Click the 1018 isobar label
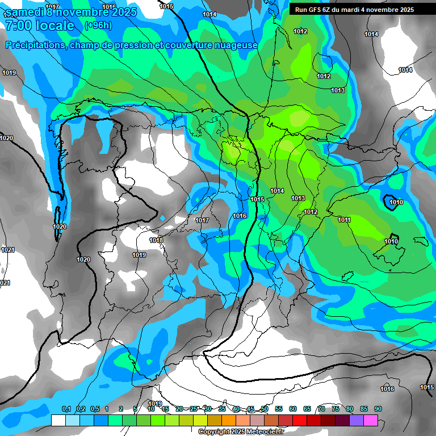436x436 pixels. pyautogui.click(x=156, y=240)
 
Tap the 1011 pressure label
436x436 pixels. pyautogui.click(x=344, y=220)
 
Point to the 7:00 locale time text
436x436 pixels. pyautogui.click(x=40, y=26)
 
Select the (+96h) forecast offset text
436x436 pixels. pyautogui.click(x=98, y=26)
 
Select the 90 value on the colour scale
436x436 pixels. pyautogui.click(x=378, y=409)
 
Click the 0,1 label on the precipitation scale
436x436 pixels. pyautogui.click(x=66, y=409)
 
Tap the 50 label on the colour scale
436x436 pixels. pyautogui.click(x=265, y=409)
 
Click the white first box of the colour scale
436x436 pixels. pyautogui.click(x=58, y=420)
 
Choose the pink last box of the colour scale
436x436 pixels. pyautogui.click(x=371, y=420)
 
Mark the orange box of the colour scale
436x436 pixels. pyautogui.click(x=229, y=420)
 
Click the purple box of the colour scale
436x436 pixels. pyautogui.click(x=357, y=420)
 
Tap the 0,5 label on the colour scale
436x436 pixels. pyautogui.click(x=95, y=409)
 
